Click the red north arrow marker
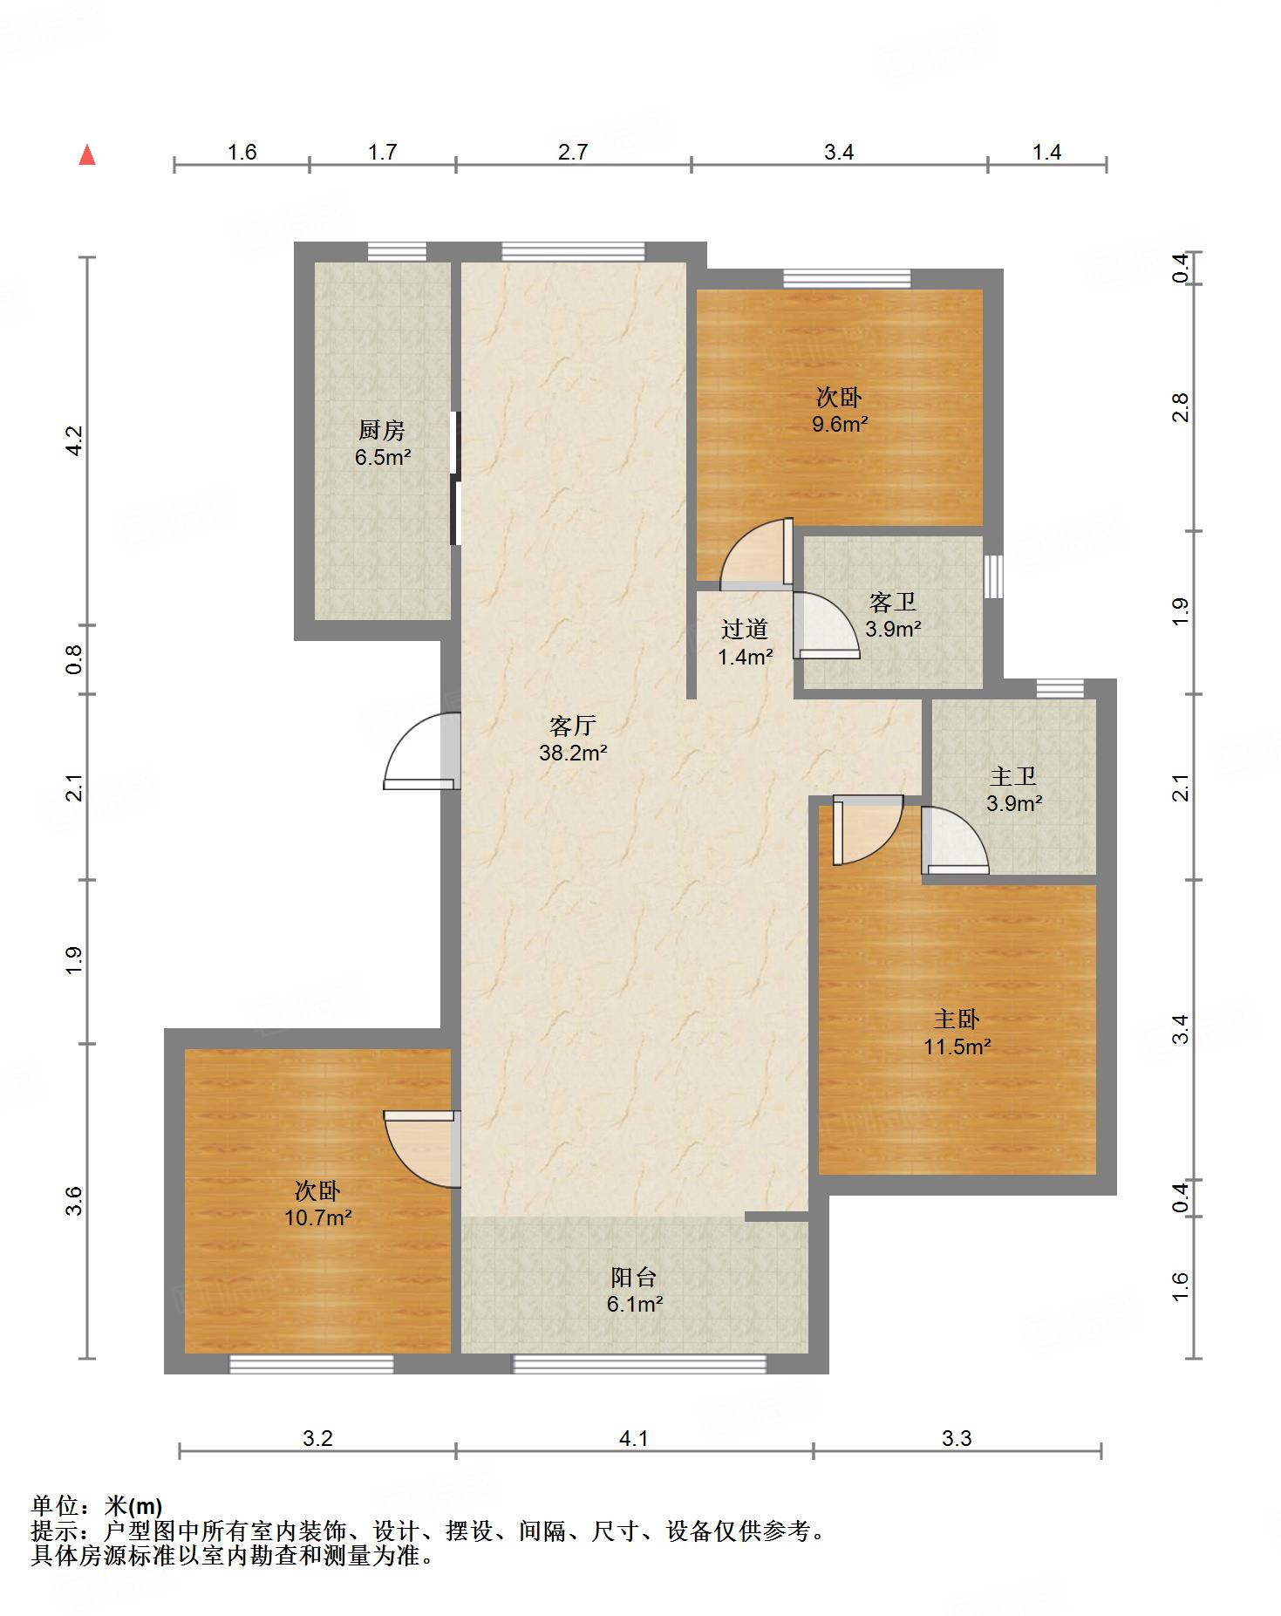click(x=87, y=155)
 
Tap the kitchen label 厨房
click(x=382, y=430)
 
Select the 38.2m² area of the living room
click(x=573, y=753)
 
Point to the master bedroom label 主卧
click(x=957, y=1019)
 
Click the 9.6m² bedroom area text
click(x=839, y=425)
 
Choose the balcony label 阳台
click(x=634, y=1278)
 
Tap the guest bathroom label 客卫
click(x=893, y=602)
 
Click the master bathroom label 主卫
click(x=1013, y=775)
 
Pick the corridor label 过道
click(x=745, y=629)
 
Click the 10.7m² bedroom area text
click(x=318, y=1217)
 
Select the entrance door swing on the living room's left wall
click(x=422, y=751)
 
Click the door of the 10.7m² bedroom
click(x=422, y=1149)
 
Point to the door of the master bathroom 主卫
click(x=955, y=840)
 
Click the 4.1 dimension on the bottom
click(x=634, y=1438)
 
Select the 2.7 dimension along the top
click(x=573, y=152)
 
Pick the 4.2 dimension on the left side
click(x=75, y=440)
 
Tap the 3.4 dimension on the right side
click(x=1180, y=1029)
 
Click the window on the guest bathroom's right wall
click(x=993, y=576)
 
